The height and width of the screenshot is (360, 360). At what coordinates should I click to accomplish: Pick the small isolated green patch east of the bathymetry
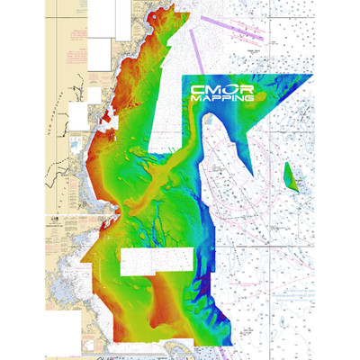(x=289, y=175)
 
